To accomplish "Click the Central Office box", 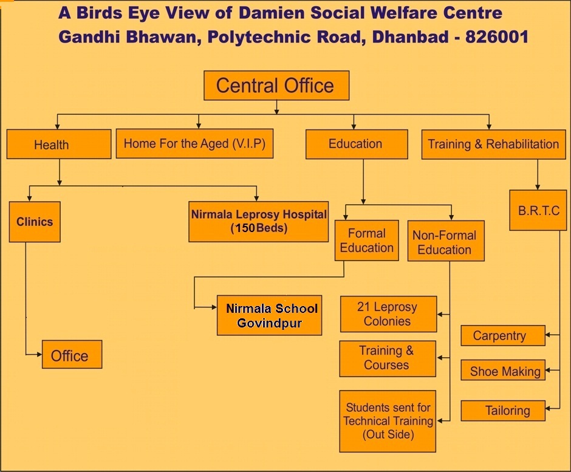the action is (x=276, y=86).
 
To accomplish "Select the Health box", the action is (x=59, y=144).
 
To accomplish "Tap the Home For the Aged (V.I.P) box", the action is (x=194, y=143).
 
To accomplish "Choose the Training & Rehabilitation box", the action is (x=493, y=145).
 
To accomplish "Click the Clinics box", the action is (x=35, y=222).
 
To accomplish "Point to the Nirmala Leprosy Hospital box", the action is (x=259, y=222).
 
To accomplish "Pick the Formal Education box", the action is (x=367, y=241).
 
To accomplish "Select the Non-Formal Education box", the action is (x=446, y=241).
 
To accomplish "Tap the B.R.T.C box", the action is (x=538, y=210).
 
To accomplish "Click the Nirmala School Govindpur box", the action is (x=270, y=315).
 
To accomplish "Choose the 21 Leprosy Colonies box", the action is (x=389, y=314).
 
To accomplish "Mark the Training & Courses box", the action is (x=388, y=359).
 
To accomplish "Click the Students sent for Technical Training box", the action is (x=388, y=422).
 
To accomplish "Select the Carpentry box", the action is (x=503, y=335).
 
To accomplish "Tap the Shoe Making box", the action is (x=503, y=370).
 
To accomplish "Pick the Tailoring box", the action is (x=503, y=411).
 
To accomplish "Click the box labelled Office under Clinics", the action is (x=72, y=354).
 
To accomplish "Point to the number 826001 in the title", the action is (x=497, y=37).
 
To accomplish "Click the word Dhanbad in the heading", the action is (x=411, y=37).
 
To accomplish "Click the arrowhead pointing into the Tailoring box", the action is (x=548, y=409).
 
